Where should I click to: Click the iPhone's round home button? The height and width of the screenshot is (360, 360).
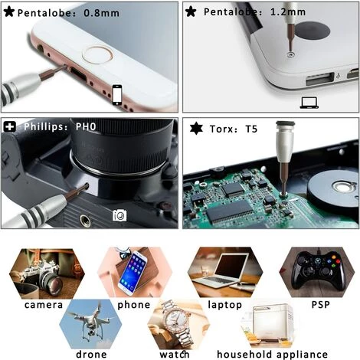[x=98, y=55]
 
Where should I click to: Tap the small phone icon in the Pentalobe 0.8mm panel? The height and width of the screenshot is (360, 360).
[x=117, y=94]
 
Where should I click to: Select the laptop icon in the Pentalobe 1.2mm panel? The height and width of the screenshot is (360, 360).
[x=309, y=103]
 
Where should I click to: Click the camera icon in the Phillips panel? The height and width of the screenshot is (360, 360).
[x=119, y=215]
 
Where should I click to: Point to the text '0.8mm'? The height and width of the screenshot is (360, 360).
[x=101, y=13]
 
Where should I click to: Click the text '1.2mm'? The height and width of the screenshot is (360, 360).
[x=288, y=11]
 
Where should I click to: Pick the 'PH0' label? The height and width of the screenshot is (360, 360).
[x=86, y=126]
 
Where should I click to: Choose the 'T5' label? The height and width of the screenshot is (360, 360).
[x=251, y=129]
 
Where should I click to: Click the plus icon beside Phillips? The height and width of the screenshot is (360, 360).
[x=10, y=126]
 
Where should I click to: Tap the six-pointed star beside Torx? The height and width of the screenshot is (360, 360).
[x=196, y=129]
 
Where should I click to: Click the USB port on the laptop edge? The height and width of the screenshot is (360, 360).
[x=320, y=79]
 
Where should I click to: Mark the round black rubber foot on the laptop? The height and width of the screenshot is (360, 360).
[x=312, y=31]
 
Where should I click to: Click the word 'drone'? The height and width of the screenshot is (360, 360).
[x=91, y=354]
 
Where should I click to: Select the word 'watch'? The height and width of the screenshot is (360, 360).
[x=175, y=354]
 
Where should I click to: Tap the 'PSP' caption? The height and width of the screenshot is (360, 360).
[x=321, y=304]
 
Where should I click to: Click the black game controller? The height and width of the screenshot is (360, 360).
[x=317, y=270]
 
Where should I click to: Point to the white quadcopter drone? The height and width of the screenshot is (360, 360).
[x=90, y=323]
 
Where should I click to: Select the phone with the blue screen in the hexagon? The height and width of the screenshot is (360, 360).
[x=133, y=273]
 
